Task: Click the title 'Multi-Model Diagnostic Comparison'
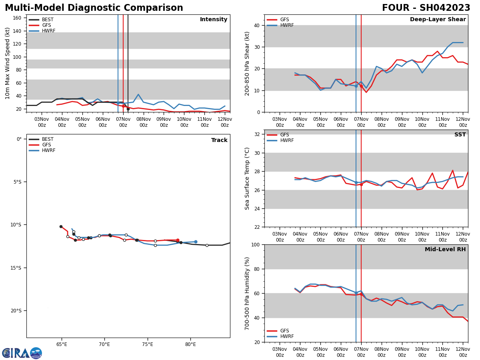coord(94,8)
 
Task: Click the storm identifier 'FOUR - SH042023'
coord(426,8)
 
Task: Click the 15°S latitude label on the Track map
coord(16,268)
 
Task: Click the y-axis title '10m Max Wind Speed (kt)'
coord(8,63)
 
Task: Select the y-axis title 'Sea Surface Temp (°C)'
coord(248,178)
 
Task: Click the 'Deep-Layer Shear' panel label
coord(438,20)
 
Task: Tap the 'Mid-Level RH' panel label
coord(445,250)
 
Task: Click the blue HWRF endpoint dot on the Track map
coord(196,242)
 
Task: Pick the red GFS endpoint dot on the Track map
coord(178,240)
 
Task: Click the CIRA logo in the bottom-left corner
coord(22,353)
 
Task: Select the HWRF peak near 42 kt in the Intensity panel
coord(138,94)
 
